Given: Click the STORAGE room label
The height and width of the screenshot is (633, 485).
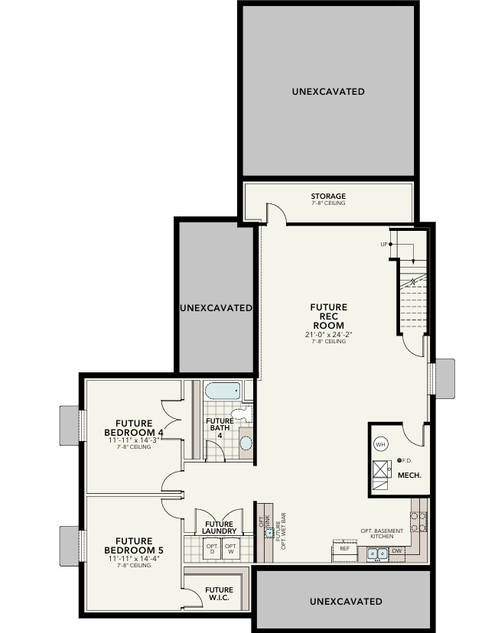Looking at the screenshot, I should pyautogui.click(x=328, y=196).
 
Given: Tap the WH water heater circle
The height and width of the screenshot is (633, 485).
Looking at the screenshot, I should pyautogui.click(x=380, y=443).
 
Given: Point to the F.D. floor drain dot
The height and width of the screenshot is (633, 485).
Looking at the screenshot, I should pyautogui.click(x=400, y=460).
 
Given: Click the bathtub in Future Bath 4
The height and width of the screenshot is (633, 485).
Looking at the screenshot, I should pyautogui.click(x=223, y=391).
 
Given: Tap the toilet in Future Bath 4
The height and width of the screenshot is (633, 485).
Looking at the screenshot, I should pyautogui.click(x=241, y=416).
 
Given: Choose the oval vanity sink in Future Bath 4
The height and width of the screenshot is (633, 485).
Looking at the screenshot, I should pyautogui.click(x=245, y=443).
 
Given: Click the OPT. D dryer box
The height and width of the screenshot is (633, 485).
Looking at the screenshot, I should pyautogui.click(x=212, y=548).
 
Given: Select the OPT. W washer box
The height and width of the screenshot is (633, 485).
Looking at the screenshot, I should pyautogui.click(x=231, y=548).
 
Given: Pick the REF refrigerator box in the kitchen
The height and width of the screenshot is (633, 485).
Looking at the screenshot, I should pyautogui.click(x=344, y=549).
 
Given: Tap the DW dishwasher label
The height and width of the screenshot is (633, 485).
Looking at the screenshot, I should pyautogui.click(x=397, y=550).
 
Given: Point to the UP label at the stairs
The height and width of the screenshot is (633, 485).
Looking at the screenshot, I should pyautogui.click(x=384, y=245).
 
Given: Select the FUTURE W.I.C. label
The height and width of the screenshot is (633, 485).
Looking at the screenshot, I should pyautogui.click(x=219, y=593).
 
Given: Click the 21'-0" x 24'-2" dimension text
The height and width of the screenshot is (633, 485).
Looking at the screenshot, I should pyautogui.click(x=328, y=334).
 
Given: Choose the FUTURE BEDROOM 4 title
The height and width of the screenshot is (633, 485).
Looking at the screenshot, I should pyautogui.click(x=134, y=427).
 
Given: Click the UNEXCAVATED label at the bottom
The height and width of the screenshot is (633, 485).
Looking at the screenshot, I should pyautogui.click(x=346, y=602).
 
